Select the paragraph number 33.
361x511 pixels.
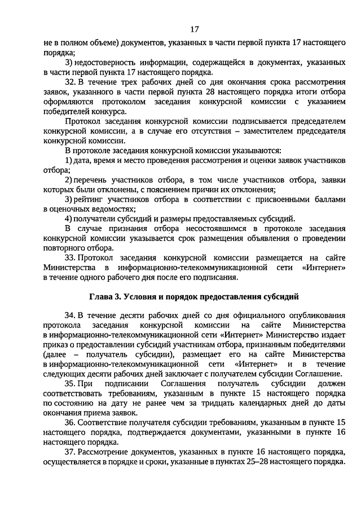(70, 257)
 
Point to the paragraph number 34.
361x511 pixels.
(70, 315)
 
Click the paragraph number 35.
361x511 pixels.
(70, 384)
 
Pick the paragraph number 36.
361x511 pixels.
(70, 422)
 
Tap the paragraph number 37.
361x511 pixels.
(70, 451)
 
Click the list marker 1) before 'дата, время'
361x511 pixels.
(68, 161)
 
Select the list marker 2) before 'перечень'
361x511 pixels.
(68, 180)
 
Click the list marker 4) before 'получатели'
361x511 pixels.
(68, 219)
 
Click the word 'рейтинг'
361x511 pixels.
(89, 199)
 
